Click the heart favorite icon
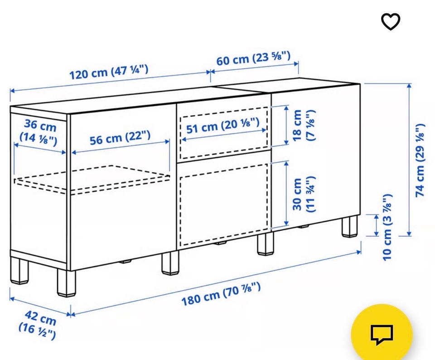point(390,21)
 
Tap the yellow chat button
point(382,334)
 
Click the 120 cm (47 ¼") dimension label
point(108,72)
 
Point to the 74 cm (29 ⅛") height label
point(420,160)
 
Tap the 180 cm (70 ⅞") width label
point(221,293)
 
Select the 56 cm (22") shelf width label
point(120,138)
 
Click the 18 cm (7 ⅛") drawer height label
point(303,125)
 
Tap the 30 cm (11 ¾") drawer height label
point(303,195)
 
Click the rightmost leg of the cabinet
point(349,226)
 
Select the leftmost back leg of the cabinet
point(19,271)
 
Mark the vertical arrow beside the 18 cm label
point(286,125)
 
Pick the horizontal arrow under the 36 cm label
point(40,149)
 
